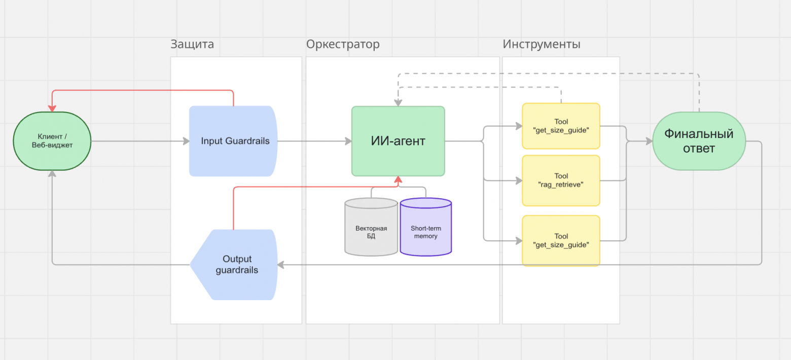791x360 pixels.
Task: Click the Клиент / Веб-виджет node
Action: (x=52, y=141)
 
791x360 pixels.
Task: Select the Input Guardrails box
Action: (x=233, y=141)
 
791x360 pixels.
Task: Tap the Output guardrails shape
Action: (x=234, y=265)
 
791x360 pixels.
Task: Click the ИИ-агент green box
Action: (x=398, y=141)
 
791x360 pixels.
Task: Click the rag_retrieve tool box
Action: (x=561, y=181)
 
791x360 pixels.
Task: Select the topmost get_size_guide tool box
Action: (x=561, y=126)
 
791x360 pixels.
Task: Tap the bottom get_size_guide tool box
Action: (x=561, y=240)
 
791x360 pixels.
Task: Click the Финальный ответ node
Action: (x=699, y=141)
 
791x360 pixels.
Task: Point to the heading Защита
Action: (x=192, y=44)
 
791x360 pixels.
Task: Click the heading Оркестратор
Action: (x=343, y=44)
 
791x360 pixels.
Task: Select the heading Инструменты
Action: (x=542, y=44)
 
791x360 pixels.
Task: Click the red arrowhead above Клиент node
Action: (x=52, y=108)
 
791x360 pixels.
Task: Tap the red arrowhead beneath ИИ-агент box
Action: (x=398, y=179)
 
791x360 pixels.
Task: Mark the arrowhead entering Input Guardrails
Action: (x=186, y=141)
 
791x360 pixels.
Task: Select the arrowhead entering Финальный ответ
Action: (x=649, y=141)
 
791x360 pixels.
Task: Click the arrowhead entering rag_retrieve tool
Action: (x=519, y=181)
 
